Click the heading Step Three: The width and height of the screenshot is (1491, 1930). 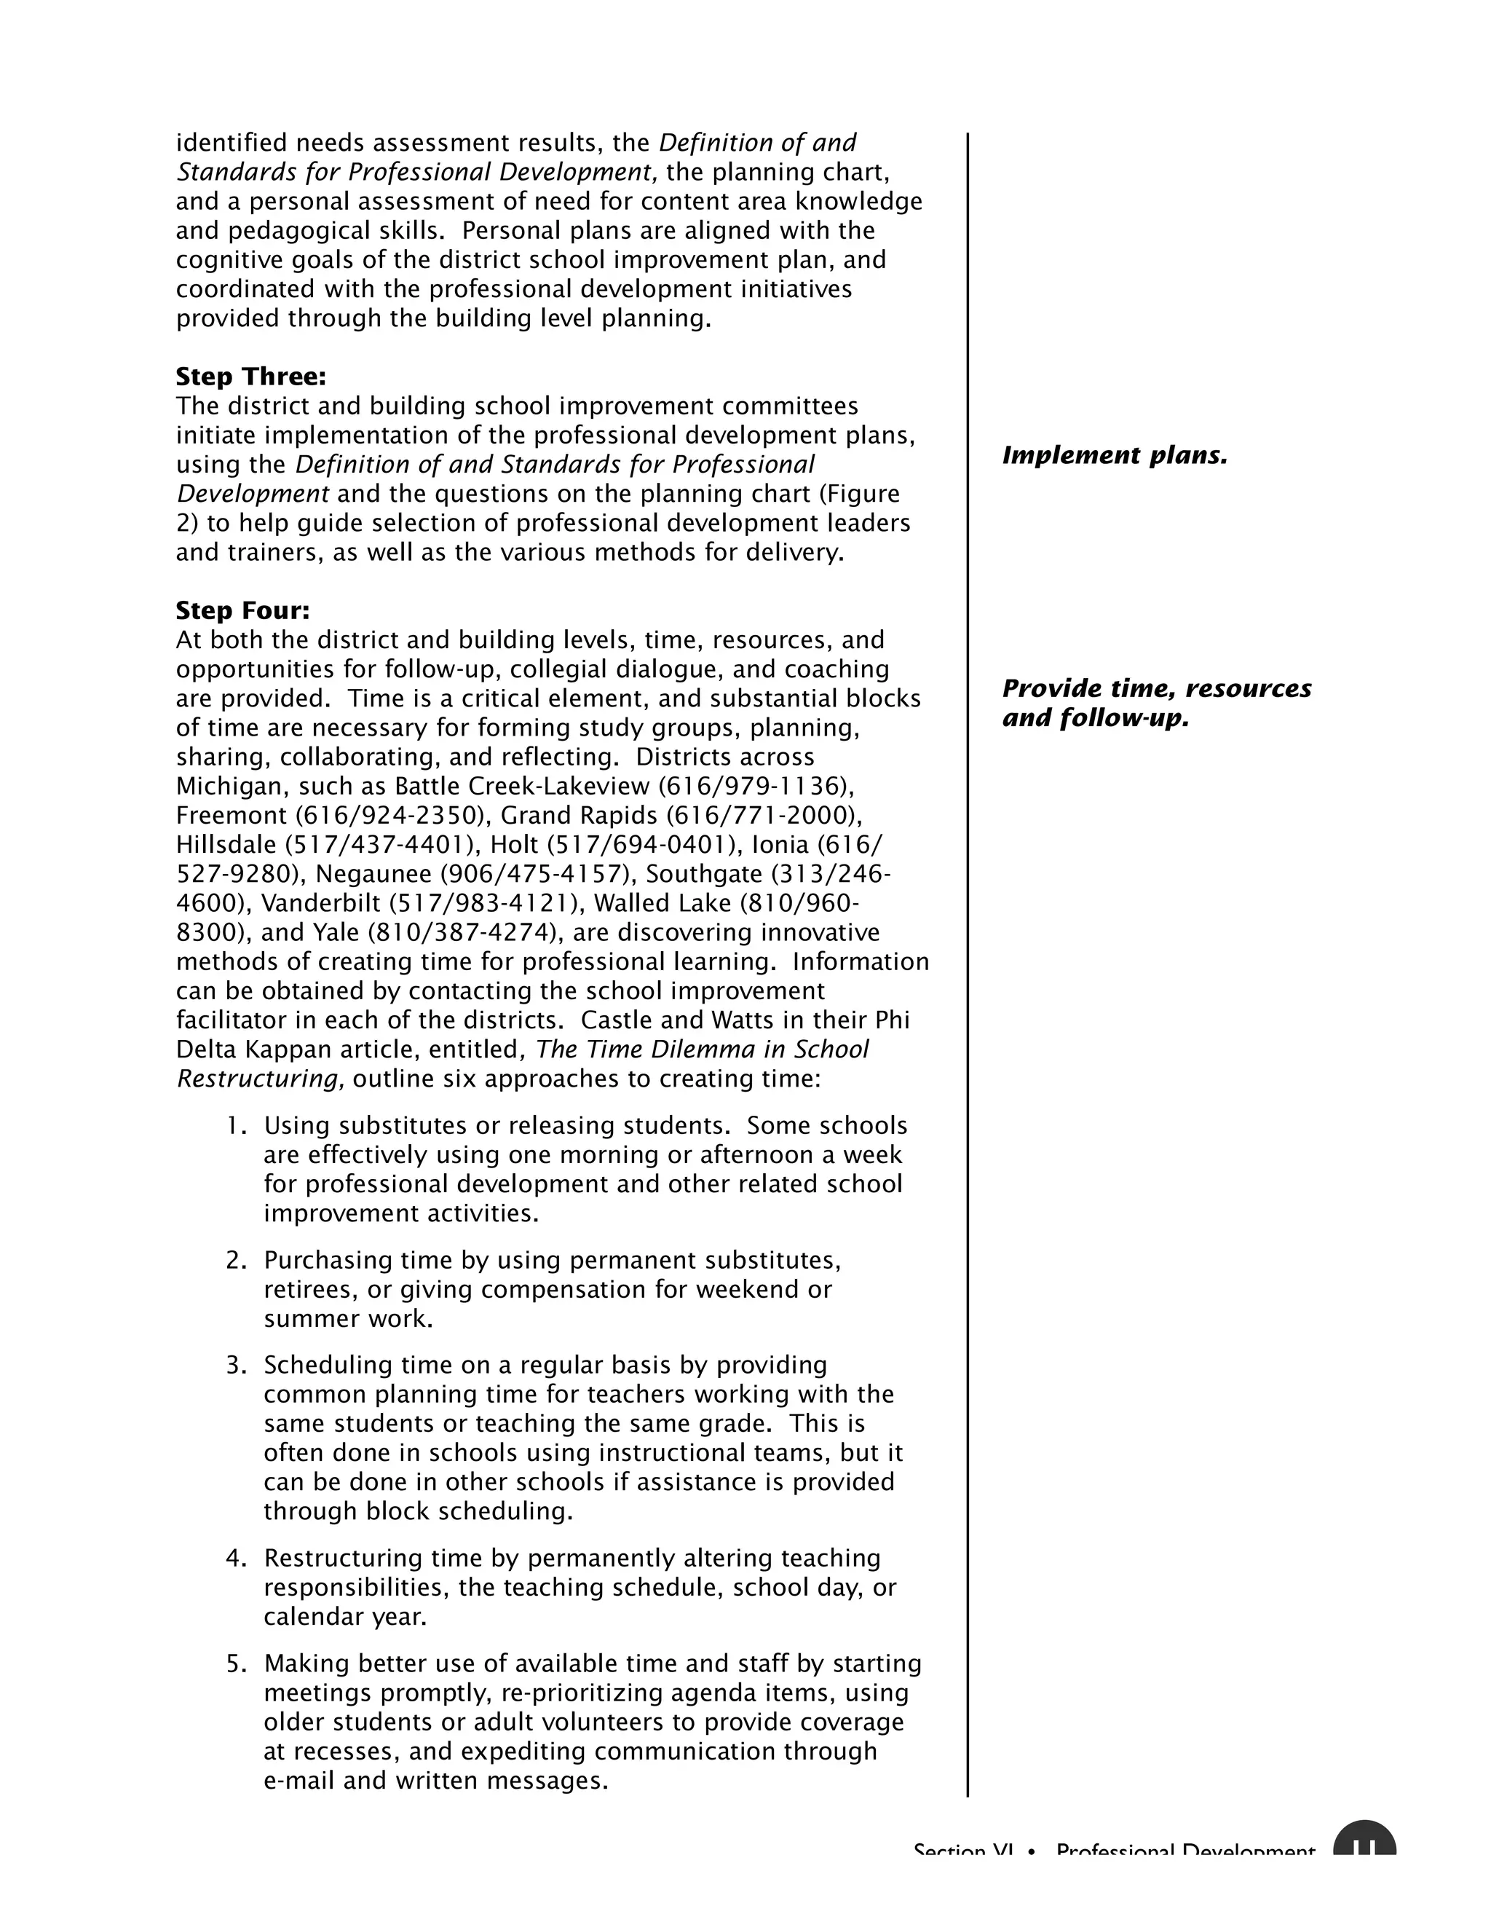click(x=251, y=377)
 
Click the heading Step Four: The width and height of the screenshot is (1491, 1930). click(x=243, y=610)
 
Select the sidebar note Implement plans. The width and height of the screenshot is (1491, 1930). click(x=1115, y=456)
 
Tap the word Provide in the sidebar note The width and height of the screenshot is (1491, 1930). click(x=1043, y=688)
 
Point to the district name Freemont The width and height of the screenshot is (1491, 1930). click(x=232, y=816)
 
